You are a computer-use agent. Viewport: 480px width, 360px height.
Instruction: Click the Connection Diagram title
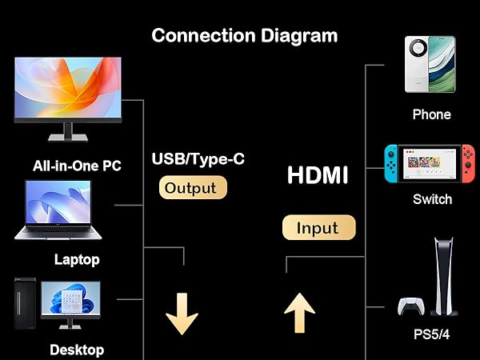[244, 35]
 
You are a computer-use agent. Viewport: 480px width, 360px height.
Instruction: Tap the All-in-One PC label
[77, 166]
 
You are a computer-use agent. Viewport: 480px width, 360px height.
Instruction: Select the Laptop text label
[77, 259]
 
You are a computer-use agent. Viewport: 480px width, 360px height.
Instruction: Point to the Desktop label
[77, 350]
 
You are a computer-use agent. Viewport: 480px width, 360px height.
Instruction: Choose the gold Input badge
[318, 227]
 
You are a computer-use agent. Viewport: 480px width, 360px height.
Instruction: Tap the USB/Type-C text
[198, 158]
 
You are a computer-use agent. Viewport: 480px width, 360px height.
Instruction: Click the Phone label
[431, 114]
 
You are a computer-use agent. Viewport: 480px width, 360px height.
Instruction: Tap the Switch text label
[432, 199]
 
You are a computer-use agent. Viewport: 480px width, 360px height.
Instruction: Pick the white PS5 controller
[411, 306]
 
